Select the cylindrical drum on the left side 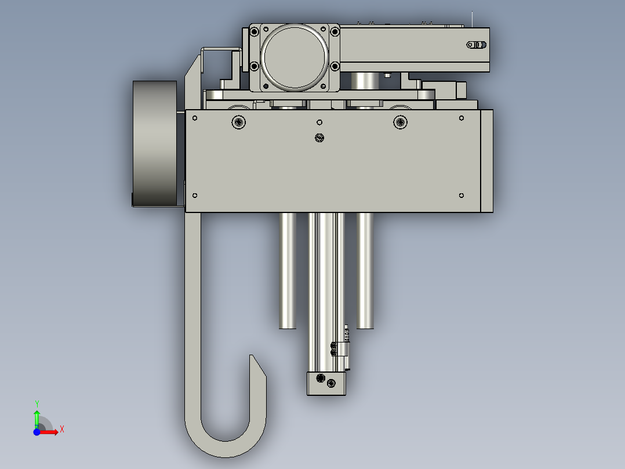click(155, 143)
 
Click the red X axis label click(62, 430)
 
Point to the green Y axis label click(37, 403)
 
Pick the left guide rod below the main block click(288, 270)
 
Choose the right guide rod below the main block click(365, 270)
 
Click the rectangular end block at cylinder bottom click(326, 383)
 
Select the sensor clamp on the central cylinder click(342, 349)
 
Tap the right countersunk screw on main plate click(400, 122)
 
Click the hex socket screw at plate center click(319, 138)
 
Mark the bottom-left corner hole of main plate click(195, 196)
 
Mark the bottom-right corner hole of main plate click(462, 196)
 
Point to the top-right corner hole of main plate click(462, 118)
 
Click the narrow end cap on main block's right click(486, 161)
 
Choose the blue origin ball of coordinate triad click(37, 432)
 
